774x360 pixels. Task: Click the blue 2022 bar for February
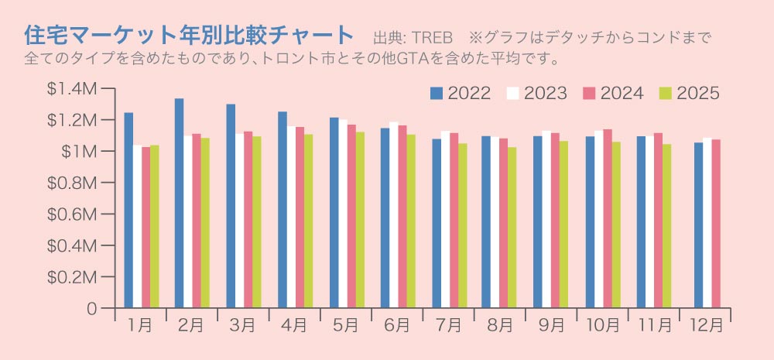click(x=179, y=203)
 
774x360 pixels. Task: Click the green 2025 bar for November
click(x=666, y=225)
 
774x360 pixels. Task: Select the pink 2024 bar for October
click(x=607, y=218)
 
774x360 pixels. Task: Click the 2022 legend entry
click(x=460, y=94)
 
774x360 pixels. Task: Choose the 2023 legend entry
click(x=536, y=94)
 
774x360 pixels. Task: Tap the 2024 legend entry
click(x=612, y=94)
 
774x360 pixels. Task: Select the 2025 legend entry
click(x=689, y=94)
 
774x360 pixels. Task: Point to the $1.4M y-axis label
click(x=71, y=89)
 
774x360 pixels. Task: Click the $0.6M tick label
click(x=71, y=214)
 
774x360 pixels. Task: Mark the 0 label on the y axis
click(x=92, y=309)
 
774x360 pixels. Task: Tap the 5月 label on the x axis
click(x=345, y=326)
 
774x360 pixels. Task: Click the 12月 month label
click(x=706, y=326)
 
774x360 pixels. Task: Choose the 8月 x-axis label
click(x=499, y=326)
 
